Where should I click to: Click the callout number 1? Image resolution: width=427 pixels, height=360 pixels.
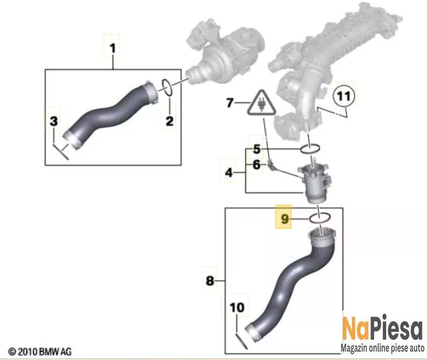coord(112,49)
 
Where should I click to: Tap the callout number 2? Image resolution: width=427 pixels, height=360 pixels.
coord(169,121)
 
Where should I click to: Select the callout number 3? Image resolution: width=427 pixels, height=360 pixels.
coord(54,121)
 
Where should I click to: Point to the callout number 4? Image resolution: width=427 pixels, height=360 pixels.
coord(229,172)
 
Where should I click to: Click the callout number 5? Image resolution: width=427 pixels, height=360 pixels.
coord(257,149)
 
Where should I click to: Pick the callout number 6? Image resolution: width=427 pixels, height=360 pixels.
coord(257,165)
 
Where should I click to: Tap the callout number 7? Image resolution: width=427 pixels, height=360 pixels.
coord(230,103)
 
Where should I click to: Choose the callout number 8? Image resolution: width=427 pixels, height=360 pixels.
coord(210,281)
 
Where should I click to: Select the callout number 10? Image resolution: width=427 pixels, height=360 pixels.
coord(237,308)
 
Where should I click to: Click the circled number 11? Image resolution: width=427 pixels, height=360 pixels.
coord(343,96)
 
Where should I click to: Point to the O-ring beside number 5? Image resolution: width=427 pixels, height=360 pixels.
coord(310,149)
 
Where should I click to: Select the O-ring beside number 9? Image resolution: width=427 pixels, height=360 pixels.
coord(320,218)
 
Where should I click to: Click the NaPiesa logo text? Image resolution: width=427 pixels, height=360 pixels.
coord(383,328)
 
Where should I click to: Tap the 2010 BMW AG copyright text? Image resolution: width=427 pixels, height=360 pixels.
coord(40,352)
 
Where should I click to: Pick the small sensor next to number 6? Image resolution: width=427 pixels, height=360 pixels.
coord(271,165)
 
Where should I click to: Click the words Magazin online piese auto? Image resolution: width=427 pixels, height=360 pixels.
coord(383,348)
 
